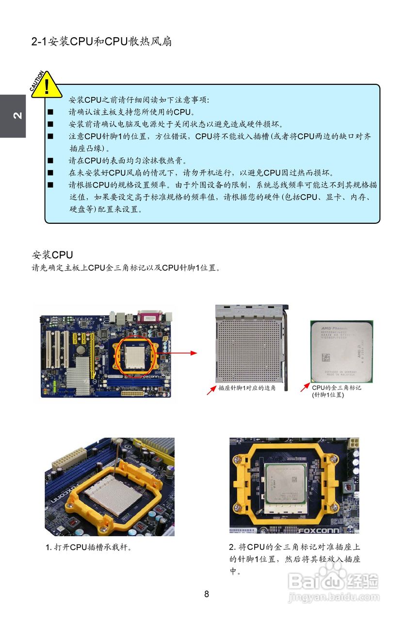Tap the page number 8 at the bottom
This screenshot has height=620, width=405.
(207, 594)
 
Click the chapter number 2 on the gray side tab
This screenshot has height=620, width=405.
(17, 115)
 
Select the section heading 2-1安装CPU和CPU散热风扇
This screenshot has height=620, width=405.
(101, 42)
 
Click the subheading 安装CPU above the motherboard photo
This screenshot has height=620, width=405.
(52, 255)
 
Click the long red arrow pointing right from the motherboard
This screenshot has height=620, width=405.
(177, 353)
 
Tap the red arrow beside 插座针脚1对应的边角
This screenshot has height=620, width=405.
(211, 390)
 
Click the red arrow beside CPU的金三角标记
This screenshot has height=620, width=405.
(305, 387)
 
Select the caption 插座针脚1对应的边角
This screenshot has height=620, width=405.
(247, 388)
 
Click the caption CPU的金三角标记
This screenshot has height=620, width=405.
(336, 387)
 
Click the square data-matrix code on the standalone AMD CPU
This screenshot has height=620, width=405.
(326, 357)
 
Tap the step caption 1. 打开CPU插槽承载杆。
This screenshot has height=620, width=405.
(88, 547)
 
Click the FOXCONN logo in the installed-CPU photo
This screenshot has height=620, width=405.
(319, 530)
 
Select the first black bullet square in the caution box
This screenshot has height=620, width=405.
(50, 112)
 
